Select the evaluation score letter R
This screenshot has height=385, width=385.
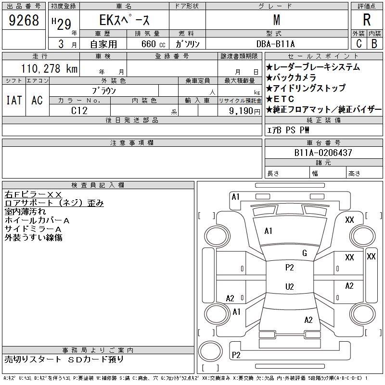coord(367,20)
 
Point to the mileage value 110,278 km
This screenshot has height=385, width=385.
coord(49,69)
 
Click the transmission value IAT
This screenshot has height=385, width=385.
coord(13,100)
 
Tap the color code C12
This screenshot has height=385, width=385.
coord(79,110)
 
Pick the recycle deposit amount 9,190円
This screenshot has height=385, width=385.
coord(244,111)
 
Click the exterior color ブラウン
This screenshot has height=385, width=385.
coord(104,90)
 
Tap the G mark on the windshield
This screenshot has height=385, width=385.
coord(305,253)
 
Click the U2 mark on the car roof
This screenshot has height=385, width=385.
coord(289,287)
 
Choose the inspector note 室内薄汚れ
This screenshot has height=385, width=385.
coord(25,211)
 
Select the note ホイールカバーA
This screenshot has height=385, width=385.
coord(37,220)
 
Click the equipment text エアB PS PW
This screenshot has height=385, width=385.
coord(288,130)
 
